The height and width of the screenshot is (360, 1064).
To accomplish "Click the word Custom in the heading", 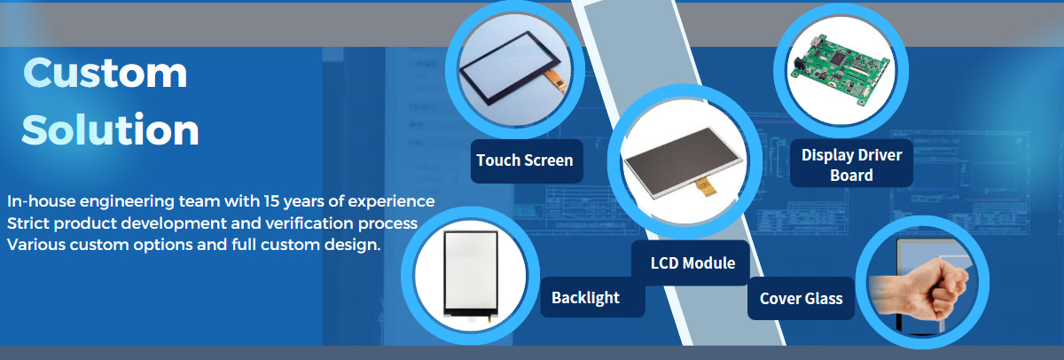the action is (x=105, y=73).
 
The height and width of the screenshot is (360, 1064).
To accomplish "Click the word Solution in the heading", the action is (x=110, y=129).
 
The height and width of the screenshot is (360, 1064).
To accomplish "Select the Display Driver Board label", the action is (x=851, y=164).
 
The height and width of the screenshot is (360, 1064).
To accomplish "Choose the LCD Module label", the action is (x=692, y=262).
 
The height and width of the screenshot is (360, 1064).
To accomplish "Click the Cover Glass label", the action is (x=801, y=298).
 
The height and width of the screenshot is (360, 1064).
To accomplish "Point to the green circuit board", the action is (x=839, y=71).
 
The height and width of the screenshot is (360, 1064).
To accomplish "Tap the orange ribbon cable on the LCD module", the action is (x=706, y=186).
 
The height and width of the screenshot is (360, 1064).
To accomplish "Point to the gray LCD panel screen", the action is (x=683, y=161).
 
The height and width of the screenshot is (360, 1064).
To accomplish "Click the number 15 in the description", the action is (x=271, y=201).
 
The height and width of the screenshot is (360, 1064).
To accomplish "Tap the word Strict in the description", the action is (x=28, y=223).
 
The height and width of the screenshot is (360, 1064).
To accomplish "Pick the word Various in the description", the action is (x=36, y=245).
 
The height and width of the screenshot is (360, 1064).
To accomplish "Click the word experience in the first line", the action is (x=391, y=202).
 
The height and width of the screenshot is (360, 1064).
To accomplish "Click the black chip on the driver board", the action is (x=837, y=58).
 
